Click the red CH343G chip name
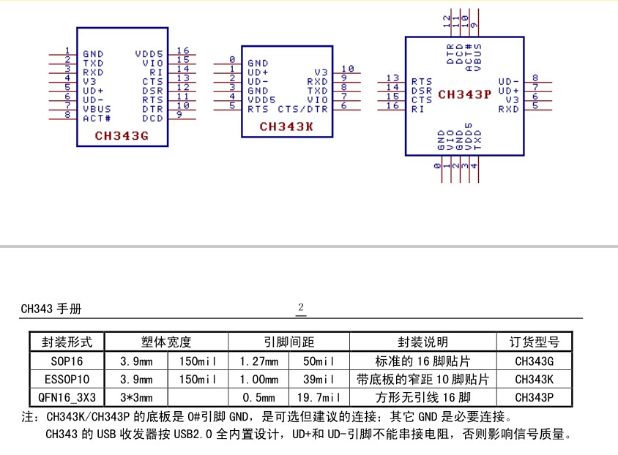tap(122, 136)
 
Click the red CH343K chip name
tap(286, 127)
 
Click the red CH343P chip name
tap(465, 94)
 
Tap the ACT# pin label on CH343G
tap(97, 118)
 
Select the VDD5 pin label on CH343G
tap(149, 54)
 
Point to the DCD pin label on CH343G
tap(152, 118)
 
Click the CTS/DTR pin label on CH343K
tap(302, 108)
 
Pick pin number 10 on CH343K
tap(348, 69)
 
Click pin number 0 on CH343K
tap(231, 59)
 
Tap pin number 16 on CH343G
tap(182, 50)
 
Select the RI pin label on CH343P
tap(417, 109)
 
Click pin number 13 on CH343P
tap(393, 78)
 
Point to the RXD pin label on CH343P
tap(509, 109)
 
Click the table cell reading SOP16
tap(67, 361)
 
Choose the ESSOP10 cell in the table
tap(67, 380)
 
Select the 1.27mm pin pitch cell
tap(260, 361)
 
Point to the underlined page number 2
tap(301, 307)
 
